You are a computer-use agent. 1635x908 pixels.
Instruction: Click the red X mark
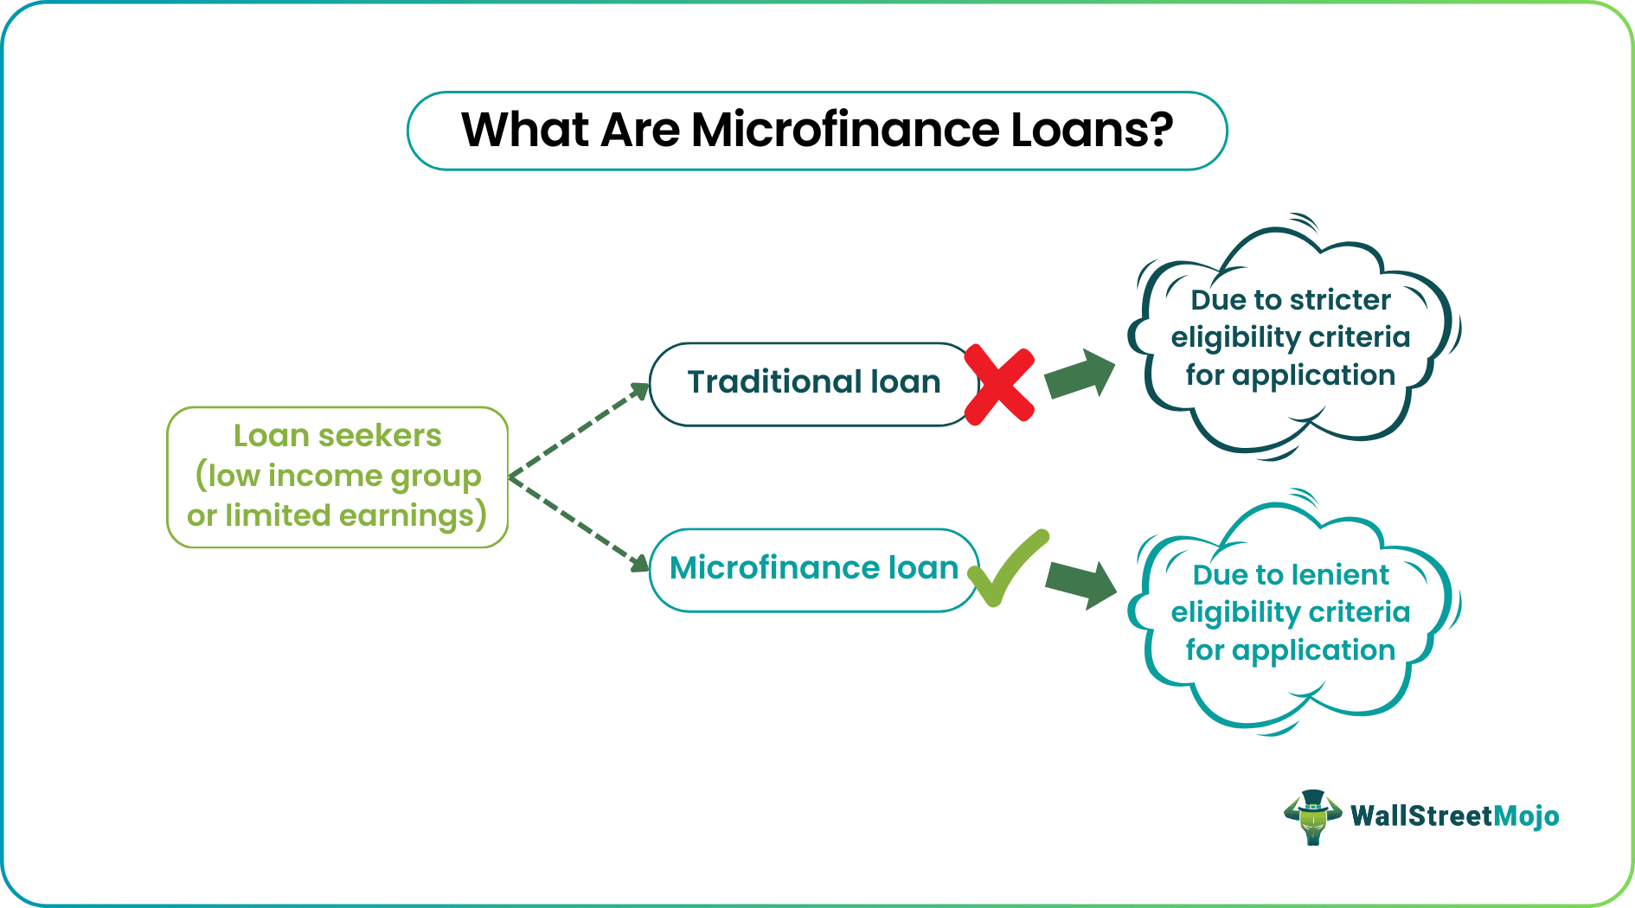(999, 385)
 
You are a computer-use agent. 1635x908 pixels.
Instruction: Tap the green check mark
(1008, 568)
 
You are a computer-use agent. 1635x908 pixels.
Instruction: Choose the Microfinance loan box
(813, 570)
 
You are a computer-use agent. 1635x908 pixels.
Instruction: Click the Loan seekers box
(337, 477)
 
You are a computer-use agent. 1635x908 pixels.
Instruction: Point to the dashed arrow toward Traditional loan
(579, 430)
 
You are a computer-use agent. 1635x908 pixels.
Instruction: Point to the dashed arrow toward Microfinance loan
(579, 524)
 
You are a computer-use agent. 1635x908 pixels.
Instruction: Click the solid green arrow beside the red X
(1080, 374)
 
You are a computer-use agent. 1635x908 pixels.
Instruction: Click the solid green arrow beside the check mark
(1080, 584)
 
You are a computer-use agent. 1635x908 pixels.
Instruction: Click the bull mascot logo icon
(1313, 816)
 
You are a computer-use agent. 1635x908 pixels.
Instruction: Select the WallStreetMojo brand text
(1455, 815)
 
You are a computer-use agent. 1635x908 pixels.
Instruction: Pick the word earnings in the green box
(406, 515)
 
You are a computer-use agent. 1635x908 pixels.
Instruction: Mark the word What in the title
(525, 130)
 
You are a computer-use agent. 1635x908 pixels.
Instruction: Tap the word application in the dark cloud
(1313, 375)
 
